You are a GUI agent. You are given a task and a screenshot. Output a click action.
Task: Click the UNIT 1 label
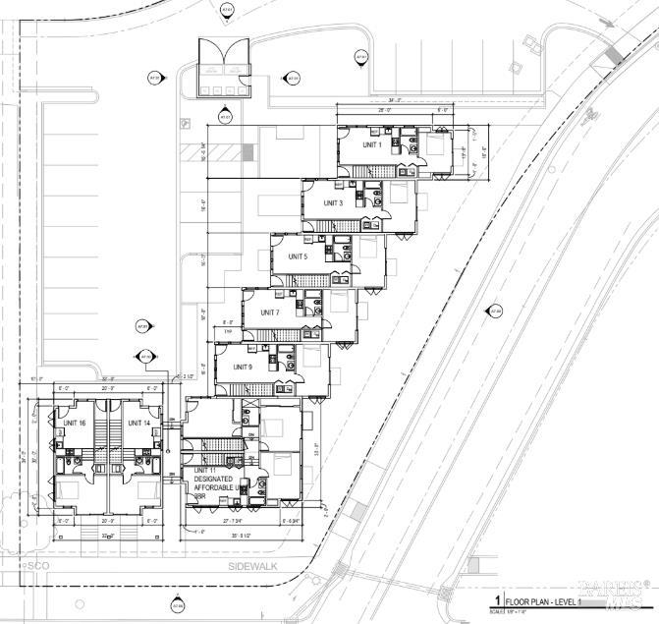point(370,145)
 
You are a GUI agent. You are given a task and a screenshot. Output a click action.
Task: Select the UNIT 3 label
point(333,203)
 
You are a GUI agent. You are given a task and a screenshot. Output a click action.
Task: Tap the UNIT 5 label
point(298,256)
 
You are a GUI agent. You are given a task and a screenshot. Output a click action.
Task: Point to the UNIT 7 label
point(270,312)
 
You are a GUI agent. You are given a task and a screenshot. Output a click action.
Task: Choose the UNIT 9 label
point(243,368)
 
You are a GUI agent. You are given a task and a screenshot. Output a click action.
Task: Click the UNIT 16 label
point(76,423)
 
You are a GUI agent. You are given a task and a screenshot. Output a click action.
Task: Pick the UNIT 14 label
point(139,423)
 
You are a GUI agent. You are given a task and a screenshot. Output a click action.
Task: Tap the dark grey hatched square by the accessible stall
point(248,153)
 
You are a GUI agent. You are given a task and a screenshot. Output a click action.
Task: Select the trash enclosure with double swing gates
point(224,66)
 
